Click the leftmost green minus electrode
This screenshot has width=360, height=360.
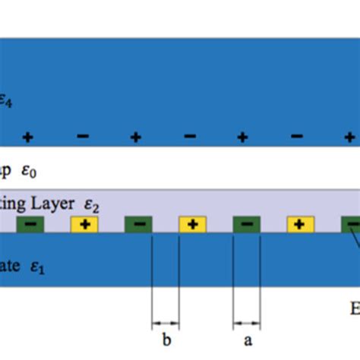pos(30,224)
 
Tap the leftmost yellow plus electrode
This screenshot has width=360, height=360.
pos(84,224)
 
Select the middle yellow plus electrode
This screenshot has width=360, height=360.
pos(192,224)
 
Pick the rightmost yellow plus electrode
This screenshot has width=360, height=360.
pos(300,224)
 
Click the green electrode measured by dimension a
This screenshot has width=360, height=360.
pos(247,224)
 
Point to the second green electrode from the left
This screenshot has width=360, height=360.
pos(138,224)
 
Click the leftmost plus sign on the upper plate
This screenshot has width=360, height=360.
pos(28,137)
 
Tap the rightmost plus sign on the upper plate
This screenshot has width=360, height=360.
pos(349,137)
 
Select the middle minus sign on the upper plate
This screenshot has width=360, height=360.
pos(190,137)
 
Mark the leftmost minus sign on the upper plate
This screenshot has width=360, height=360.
pos(83,137)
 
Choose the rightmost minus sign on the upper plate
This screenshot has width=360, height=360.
pos(296,137)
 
